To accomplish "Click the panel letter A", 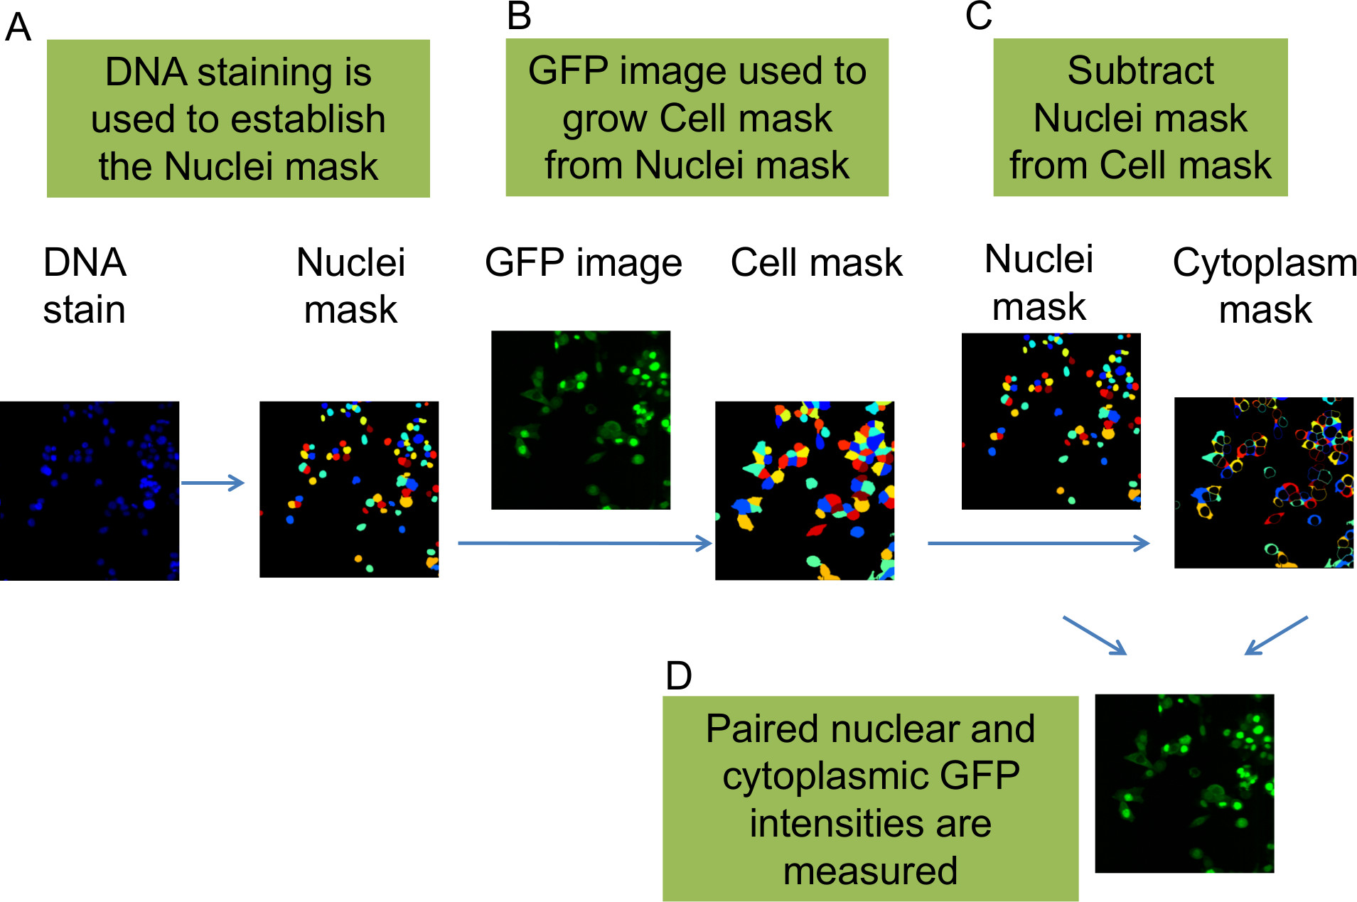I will [18, 28].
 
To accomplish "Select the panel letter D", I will [678, 675].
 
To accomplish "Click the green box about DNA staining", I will [238, 119].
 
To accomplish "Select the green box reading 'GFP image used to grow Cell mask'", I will [697, 117].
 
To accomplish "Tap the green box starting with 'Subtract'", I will [1140, 117].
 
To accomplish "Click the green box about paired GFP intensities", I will [870, 799].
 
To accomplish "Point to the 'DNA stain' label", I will [85, 286].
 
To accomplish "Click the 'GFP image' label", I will [583, 263].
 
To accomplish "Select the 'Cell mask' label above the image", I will [816, 263].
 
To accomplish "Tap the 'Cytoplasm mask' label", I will [1265, 286].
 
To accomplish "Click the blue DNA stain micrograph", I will [90, 490].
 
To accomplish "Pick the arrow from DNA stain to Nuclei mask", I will [213, 483].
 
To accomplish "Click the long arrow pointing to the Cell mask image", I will [584, 544].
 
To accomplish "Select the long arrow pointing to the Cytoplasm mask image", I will [1039, 544].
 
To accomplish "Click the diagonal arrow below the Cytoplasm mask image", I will [1276, 635].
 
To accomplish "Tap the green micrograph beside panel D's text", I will [1184, 783].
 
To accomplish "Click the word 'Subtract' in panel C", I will [1140, 70].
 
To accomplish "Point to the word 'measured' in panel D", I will [870, 871].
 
